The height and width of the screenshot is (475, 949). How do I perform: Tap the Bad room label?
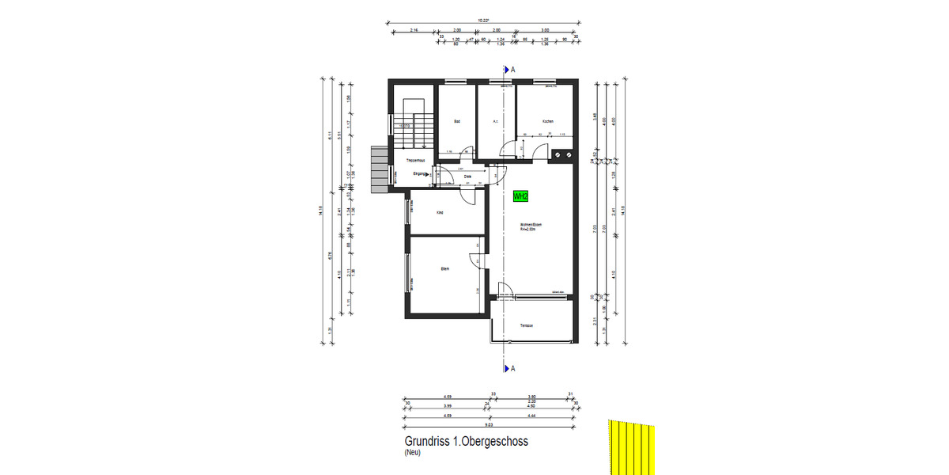pos(457,121)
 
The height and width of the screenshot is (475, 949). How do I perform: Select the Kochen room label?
pos(547,121)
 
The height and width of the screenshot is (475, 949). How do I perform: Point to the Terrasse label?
pos(527,325)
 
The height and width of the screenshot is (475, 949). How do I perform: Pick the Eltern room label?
pos(445,269)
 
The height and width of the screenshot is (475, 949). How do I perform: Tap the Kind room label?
pos(440,213)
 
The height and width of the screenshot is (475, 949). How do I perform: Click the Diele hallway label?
pos(467,176)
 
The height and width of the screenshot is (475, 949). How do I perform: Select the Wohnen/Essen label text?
pos(530,225)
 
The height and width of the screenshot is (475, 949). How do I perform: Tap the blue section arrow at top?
pos(505,70)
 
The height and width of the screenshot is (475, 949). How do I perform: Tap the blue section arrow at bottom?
pos(505,368)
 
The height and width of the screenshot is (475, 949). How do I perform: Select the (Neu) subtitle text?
pos(412,453)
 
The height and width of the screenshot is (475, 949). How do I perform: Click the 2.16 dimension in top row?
pos(414,30)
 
